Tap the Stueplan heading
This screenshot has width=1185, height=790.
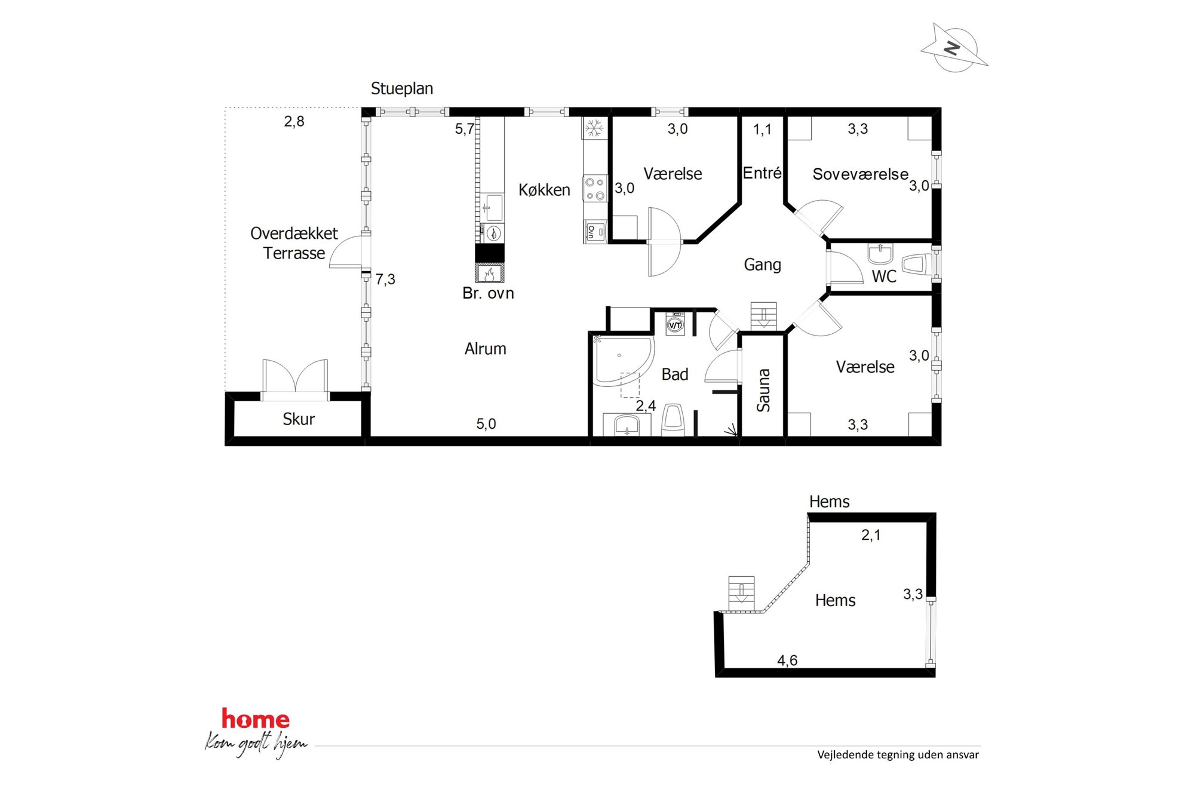(402, 89)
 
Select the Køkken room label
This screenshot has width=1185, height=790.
(544, 190)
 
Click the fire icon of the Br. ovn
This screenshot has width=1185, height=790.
(490, 273)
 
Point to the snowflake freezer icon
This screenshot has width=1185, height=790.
(594, 128)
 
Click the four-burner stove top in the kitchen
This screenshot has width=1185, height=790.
(595, 188)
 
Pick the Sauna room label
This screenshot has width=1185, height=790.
(763, 390)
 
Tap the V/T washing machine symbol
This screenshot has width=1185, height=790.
(675, 324)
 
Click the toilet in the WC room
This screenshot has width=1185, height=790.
(915, 265)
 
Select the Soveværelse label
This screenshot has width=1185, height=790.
(860, 174)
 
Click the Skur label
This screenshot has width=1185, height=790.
(299, 419)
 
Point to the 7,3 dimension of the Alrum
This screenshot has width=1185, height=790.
(385, 279)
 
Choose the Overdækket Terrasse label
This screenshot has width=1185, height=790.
(294, 243)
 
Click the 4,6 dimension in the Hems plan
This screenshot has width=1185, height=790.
(787, 660)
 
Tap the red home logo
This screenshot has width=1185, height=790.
(256, 719)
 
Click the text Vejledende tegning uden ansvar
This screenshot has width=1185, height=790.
(898, 755)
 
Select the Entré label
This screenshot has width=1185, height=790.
(762, 173)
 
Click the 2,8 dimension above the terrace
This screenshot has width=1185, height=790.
(294, 121)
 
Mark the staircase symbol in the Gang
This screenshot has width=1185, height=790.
(763, 316)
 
